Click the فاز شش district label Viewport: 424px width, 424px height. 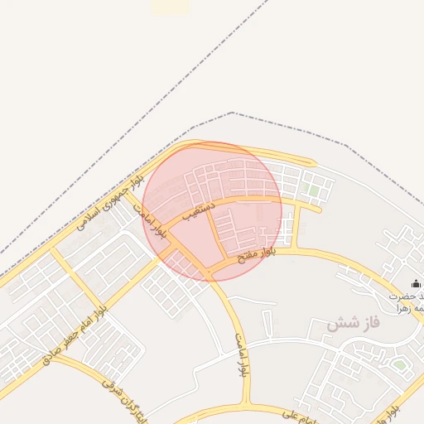(x=352, y=323)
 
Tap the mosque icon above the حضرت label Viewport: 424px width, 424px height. (x=415, y=284)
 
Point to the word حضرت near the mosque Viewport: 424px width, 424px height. (x=406, y=296)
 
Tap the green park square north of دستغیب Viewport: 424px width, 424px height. (x=313, y=190)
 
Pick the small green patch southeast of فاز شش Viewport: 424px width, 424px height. (x=399, y=364)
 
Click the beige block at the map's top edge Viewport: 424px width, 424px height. (x=171, y=7)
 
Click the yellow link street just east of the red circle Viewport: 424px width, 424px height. (x=291, y=224)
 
